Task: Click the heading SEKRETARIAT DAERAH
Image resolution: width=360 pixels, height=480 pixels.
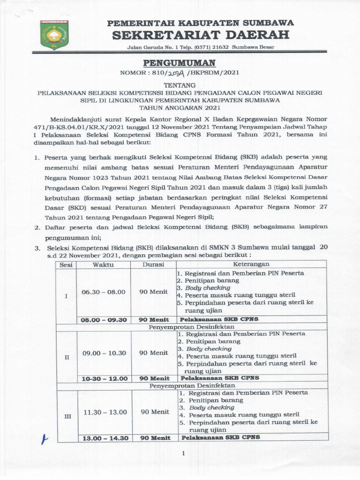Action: [x=200, y=34]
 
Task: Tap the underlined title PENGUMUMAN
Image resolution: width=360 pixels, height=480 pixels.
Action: [x=180, y=63]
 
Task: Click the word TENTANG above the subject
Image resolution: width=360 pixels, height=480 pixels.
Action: [x=180, y=85]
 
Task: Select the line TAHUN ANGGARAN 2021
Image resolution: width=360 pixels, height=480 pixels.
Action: [x=180, y=107]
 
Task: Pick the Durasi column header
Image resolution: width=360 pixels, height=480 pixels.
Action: [x=153, y=264]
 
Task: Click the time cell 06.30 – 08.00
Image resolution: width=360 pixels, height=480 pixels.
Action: [x=104, y=292]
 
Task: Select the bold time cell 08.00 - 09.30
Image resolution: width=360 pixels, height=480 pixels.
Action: [x=104, y=319]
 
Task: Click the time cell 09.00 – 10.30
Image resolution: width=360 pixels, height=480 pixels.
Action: [x=104, y=352]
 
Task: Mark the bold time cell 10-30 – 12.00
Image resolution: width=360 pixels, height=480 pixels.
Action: [x=104, y=378]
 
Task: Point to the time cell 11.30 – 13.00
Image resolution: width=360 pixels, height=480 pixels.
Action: [x=105, y=412]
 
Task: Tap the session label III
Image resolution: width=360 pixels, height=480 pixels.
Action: [x=67, y=416]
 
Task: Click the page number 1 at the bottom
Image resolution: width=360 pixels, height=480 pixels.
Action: [x=184, y=453]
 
